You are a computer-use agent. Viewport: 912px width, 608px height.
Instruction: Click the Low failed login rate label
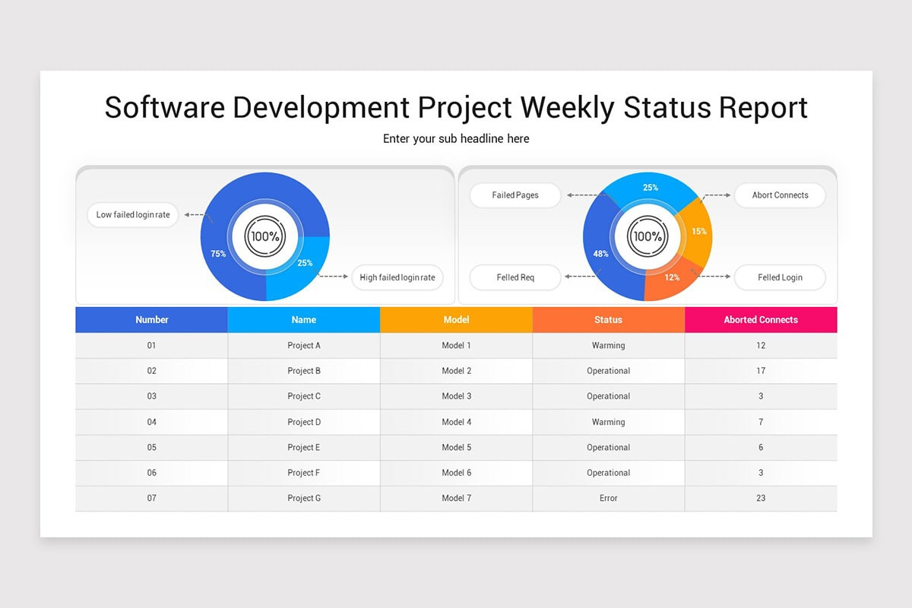tap(133, 215)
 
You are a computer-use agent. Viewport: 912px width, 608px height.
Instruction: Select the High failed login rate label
tap(397, 277)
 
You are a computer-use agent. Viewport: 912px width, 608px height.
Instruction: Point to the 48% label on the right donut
tap(600, 254)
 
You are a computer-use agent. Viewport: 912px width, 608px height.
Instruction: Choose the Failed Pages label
tap(515, 195)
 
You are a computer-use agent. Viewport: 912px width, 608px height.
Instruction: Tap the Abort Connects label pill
tap(780, 195)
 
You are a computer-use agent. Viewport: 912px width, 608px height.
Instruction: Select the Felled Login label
tap(780, 277)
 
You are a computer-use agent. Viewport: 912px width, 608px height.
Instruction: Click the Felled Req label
tap(515, 277)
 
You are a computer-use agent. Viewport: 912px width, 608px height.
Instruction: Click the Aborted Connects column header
tap(761, 320)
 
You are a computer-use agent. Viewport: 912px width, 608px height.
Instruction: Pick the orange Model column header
tap(456, 320)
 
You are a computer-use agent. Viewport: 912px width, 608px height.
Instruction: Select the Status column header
tap(608, 320)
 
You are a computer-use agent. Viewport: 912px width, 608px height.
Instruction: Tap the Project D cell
tap(304, 422)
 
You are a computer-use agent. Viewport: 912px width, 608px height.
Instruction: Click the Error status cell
tap(608, 499)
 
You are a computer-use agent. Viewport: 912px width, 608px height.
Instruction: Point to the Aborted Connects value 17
tap(761, 371)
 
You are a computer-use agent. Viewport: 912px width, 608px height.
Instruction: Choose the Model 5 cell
tap(456, 448)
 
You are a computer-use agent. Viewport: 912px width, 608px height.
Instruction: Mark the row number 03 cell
tap(152, 397)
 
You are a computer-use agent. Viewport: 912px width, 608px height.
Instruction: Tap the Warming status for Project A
tap(608, 346)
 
